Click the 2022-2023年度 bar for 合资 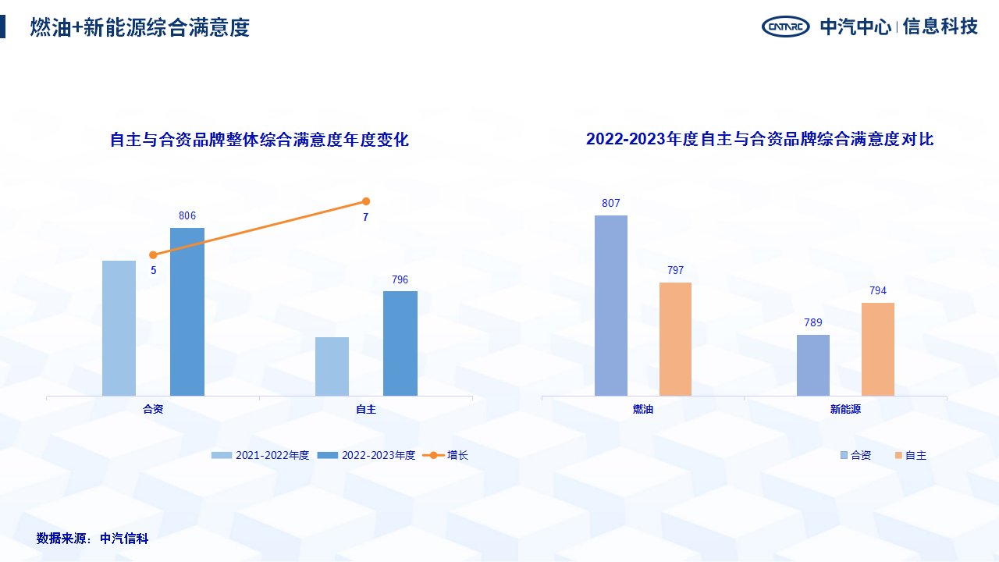pos(187,311)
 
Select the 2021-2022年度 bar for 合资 pos(119,328)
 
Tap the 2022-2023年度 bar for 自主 pos(400,343)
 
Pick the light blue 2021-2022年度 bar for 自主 pos(332,366)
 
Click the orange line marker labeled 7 pos(366,201)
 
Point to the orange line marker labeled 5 pos(153,254)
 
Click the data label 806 pos(187,216)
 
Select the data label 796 pos(400,279)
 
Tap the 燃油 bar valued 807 pos(611,305)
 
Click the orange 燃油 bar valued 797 pos(675,339)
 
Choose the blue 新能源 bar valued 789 pos(813,365)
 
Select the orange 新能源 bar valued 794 pos(878,349)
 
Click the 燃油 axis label pos(643,409)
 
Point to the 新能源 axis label pos(845,409)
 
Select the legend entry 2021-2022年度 pos(261,455)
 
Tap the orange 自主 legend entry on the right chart pos(911,455)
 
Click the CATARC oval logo pos(786,27)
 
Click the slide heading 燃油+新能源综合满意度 pos(140,27)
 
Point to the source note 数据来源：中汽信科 pos(92,539)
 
